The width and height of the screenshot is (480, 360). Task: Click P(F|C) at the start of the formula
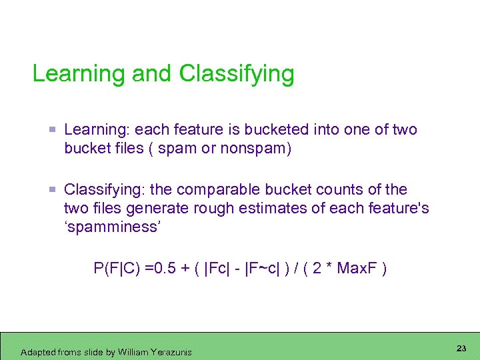point(118,269)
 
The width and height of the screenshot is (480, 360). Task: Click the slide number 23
point(461,349)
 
